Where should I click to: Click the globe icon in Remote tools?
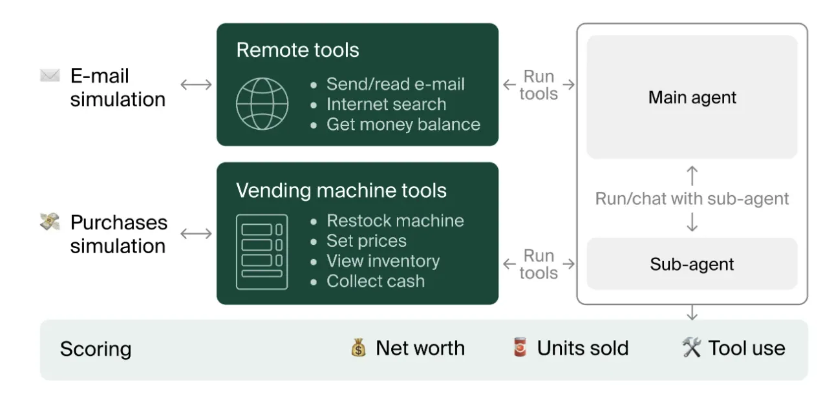[x=262, y=104]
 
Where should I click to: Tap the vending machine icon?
[x=262, y=251]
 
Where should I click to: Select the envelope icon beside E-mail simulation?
[x=50, y=76]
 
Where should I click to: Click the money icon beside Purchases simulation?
[x=50, y=223]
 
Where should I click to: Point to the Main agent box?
[x=692, y=97]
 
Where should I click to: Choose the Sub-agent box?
[x=692, y=264]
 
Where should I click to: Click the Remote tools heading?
[x=297, y=50]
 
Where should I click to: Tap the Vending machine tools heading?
[x=341, y=191]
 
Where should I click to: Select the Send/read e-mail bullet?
[x=395, y=84]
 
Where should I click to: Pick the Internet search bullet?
[x=386, y=104]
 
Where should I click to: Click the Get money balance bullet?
[x=403, y=124]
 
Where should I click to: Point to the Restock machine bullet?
[x=395, y=220]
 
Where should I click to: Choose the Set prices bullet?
[x=367, y=241]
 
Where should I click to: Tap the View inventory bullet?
[x=383, y=261]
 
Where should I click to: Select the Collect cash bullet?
[x=376, y=281]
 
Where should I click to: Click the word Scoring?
[x=96, y=350]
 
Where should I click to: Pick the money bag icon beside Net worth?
[x=359, y=348]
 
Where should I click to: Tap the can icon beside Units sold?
[x=520, y=348]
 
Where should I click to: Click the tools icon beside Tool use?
[x=692, y=348]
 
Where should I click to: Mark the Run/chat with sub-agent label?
[x=692, y=198]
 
